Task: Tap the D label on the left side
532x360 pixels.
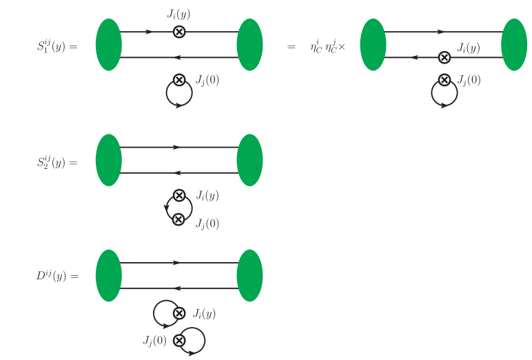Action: click(x=57, y=277)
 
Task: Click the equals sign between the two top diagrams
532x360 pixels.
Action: click(x=291, y=47)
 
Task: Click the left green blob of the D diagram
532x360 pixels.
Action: click(x=109, y=276)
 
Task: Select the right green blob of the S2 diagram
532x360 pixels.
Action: click(x=249, y=160)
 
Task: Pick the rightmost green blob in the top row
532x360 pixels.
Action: click(x=514, y=45)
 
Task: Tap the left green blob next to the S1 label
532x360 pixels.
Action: click(x=109, y=45)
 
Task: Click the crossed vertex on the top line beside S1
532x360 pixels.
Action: click(x=178, y=32)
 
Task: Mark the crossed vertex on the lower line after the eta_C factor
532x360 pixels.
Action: click(x=444, y=57)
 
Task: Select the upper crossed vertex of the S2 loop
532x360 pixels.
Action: click(x=178, y=195)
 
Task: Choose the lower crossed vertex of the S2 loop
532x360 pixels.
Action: click(x=178, y=219)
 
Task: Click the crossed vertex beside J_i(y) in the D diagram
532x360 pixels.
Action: click(x=178, y=314)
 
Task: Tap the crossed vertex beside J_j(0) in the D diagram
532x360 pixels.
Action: click(x=178, y=340)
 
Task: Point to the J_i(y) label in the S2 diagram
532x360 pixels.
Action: click(x=207, y=195)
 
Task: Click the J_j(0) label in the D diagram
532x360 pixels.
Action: click(x=154, y=339)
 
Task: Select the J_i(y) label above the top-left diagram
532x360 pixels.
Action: click(x=179, y=12)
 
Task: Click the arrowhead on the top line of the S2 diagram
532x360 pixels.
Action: click(x=177, y=147)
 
